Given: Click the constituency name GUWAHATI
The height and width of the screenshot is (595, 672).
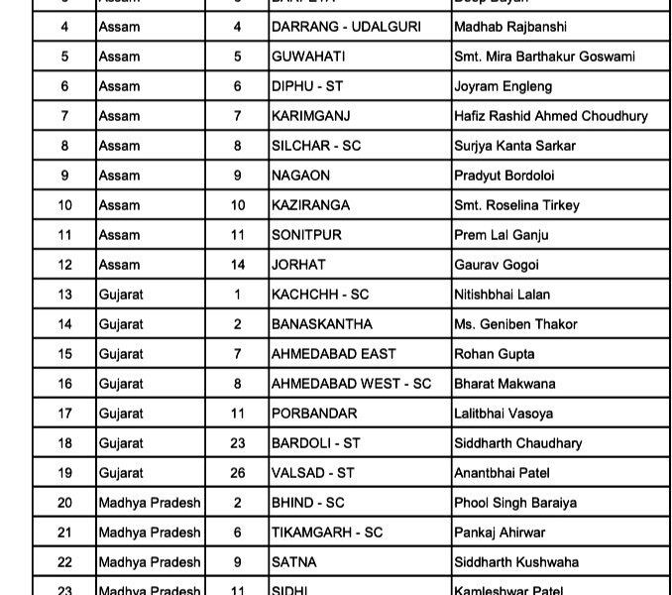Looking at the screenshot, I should [x=308, y=57].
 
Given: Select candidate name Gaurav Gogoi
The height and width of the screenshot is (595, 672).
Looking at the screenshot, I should [x=496, y=265].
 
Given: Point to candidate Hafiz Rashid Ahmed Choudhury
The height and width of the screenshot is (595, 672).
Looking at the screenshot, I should [x=550, y=116].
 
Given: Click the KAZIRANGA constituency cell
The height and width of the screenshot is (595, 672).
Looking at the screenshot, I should [x=310, y=205].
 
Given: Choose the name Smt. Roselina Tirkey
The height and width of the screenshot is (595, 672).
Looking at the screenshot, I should [x=516, y=205].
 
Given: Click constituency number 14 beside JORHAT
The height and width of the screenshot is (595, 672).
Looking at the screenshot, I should [x=238, y=265].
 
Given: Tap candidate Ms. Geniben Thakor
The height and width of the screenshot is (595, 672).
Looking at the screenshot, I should [x=513, y=324].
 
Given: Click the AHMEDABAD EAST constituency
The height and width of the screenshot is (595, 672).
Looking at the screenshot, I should [x=334, y=354].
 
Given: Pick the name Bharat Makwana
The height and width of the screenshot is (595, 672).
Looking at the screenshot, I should [x=504, y=384].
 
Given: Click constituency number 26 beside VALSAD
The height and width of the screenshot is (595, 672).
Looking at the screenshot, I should [x=238, y=473].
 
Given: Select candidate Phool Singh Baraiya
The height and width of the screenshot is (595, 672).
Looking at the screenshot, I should [x=515, y=503].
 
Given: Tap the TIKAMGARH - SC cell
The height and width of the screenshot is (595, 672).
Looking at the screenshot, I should [x=327, y=533].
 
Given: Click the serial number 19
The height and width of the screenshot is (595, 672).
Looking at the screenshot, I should [x=64, y=473].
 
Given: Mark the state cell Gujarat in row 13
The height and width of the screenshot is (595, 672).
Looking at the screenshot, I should [x=121, y=295].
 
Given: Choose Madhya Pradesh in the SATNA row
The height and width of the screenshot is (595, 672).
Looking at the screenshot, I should [x=150, y=562].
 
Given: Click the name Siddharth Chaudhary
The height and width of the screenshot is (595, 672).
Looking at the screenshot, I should [x=517, y=443].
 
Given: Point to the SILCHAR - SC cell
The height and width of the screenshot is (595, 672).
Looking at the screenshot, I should [x=316, y=146].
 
